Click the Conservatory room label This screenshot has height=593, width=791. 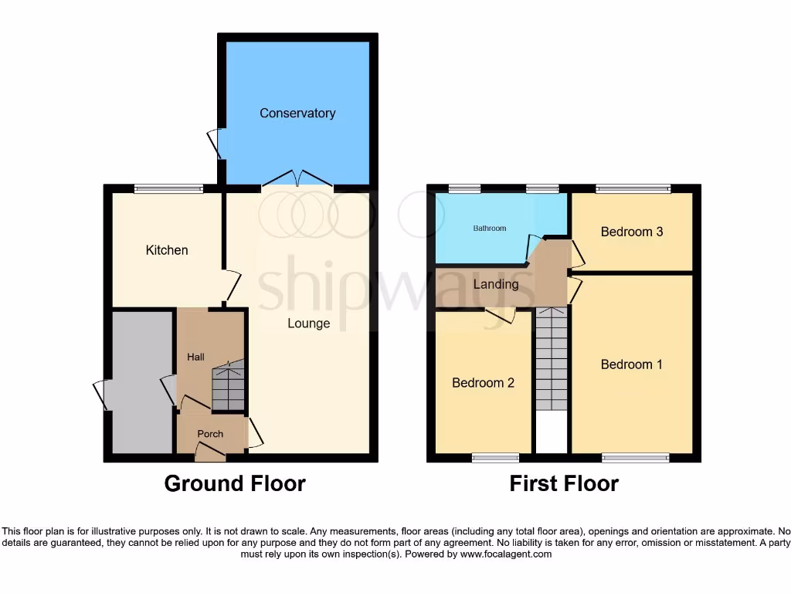297,114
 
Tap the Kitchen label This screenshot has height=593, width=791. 167,250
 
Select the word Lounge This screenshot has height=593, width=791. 309,324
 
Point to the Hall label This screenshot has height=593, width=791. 195,357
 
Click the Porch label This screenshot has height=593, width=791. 210,434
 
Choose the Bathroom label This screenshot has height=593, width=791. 490,229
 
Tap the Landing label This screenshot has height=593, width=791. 495,284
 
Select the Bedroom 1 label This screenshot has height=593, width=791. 631,364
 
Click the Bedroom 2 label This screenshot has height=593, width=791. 483,383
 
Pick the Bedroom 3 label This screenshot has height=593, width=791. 632,232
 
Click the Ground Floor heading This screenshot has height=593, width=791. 235,484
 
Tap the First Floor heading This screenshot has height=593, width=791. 564,484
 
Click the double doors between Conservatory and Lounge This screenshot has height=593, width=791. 297,179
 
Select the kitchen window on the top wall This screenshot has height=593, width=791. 168,188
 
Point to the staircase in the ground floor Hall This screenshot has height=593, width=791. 228,386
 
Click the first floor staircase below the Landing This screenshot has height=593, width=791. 551,359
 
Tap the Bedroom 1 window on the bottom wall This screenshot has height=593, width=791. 636,458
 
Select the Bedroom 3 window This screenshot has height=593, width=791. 633,188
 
